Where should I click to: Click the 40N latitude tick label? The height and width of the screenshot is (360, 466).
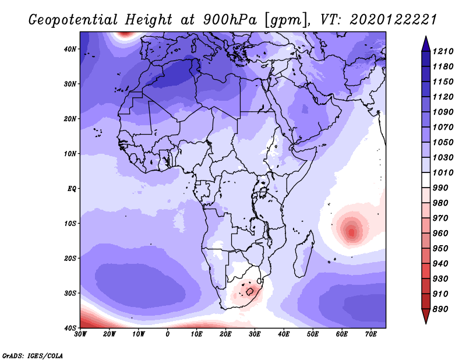click(69, 49)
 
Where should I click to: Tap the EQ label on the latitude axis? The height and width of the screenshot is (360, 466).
click(72, 189)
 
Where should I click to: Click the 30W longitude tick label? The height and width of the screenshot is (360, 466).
click(80, 334)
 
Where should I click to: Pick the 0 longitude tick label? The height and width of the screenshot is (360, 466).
click(168, 334)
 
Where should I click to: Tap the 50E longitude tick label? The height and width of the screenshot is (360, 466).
click(313, 334)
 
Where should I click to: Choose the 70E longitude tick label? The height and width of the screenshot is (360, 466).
click(371, 334)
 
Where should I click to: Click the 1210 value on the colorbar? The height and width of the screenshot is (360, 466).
click(443, 51)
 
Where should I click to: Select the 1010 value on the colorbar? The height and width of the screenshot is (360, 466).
click(443, 172)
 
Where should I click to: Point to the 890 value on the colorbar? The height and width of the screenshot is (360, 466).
click(440, 309)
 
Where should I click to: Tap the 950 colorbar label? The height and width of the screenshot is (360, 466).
click(440, 249)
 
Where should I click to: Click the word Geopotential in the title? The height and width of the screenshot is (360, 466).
click(73, 20)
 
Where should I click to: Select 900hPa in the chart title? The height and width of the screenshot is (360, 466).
click(230, 20)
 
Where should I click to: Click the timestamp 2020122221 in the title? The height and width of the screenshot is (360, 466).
click(393, 20)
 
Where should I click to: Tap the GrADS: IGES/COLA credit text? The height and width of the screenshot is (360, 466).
click(33, 355)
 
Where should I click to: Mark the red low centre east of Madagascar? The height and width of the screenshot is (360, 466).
click(352, 231)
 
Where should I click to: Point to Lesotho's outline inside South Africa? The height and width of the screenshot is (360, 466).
click(250, 291)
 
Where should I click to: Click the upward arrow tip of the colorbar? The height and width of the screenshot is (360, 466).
click(426, 37)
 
